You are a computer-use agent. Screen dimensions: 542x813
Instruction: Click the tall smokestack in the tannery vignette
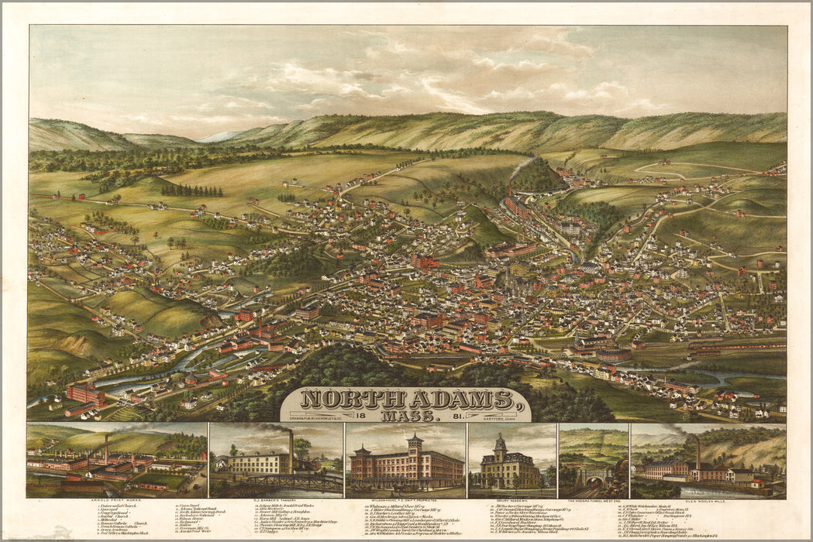coord(291,449)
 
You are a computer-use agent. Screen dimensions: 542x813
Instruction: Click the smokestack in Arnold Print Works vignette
coord(107,447)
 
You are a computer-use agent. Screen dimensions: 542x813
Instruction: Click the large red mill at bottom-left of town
coord(85,395)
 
